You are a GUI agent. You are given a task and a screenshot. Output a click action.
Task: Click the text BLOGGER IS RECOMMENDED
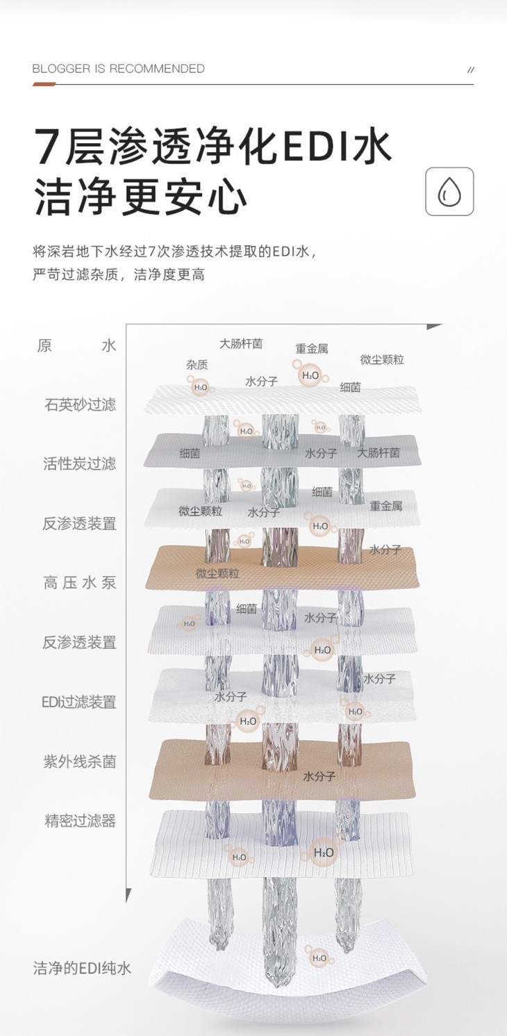click(x=119, y=69)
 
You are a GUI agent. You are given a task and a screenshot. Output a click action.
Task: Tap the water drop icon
click(x=449, y=191)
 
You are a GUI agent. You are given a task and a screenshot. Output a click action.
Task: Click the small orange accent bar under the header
click(x=44, y=84)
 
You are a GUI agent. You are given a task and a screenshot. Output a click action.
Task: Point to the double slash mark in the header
click(x=470, y=69)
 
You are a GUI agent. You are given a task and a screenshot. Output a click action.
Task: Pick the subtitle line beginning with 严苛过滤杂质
click(x=119, y=274)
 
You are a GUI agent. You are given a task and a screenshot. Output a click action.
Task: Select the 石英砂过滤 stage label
click(x=80, y=404)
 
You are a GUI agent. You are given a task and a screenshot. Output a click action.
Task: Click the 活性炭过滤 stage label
click(x=80, y=464)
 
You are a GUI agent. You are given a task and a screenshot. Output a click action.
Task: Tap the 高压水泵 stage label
click(x=80, y=583)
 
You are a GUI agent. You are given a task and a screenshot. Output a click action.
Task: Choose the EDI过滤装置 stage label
click(x=78, y=702)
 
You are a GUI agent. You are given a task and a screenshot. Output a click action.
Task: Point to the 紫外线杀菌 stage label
click(x=80, y=762)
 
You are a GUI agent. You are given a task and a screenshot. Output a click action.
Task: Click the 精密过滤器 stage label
click(x=80, y=821)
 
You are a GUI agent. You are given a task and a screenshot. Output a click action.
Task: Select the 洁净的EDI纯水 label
click(x=82, y=968)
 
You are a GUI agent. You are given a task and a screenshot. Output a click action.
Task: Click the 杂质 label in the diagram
click(x=197, y=365)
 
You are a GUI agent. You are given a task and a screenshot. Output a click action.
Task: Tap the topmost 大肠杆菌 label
click(x=241, y=344)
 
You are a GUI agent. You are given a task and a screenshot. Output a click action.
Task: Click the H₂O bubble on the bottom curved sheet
click(x=319, y=958)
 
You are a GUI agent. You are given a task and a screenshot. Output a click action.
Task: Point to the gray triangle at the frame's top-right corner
click(x=434, y=326)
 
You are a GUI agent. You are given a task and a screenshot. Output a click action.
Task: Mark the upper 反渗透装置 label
click(x=80, y=524)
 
